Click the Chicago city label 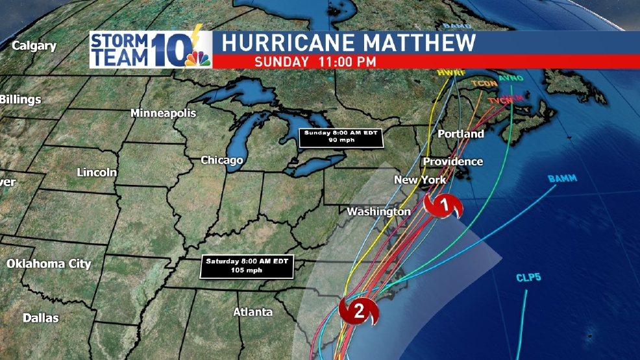point(221,160)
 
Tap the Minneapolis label point(163,113)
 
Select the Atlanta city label point(252,312)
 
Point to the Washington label point(378,211)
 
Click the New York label point(420,180)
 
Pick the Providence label point(453,161)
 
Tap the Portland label point(461,134)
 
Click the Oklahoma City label point(49,263)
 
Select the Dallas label point(40,318)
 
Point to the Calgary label point(34,46)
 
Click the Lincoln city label point(97,172)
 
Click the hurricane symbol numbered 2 point(358,310)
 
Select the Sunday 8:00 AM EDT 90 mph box point(341,138)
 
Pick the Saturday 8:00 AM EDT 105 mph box point(247,265)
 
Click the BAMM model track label point(562,178)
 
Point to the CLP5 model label point(528,278)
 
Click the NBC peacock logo point(198,59)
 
